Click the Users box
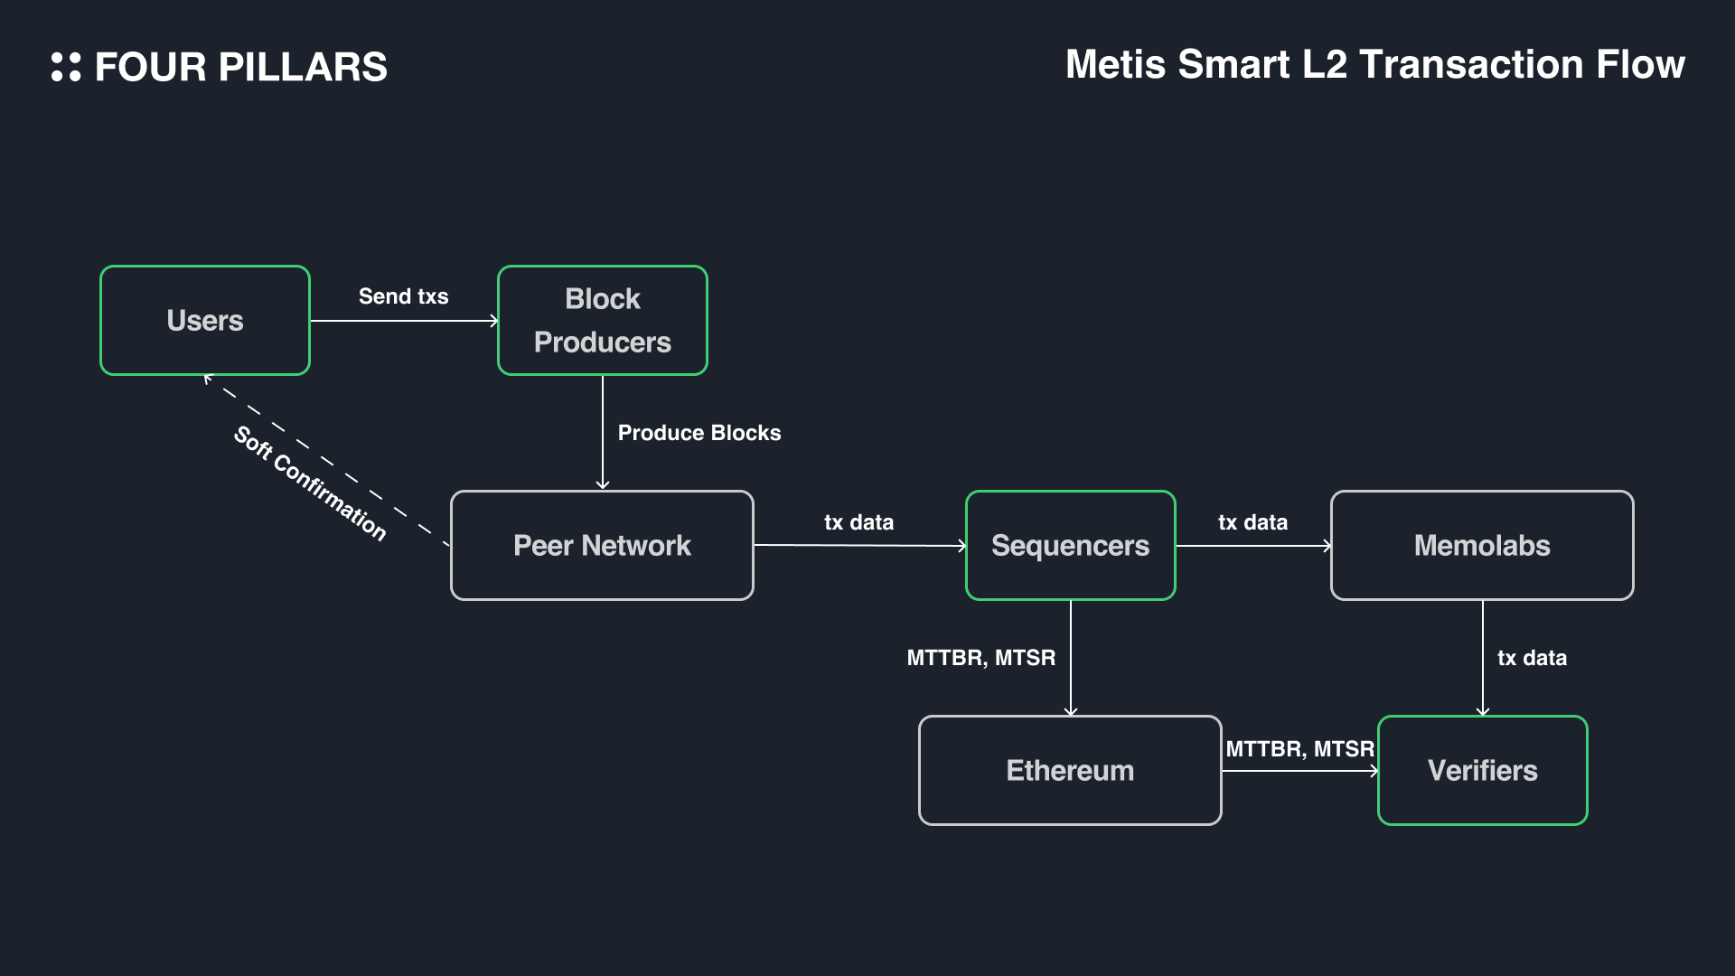pos(205,320)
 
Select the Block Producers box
pos(602,320)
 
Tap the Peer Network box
pos(602,545)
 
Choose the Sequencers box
pos(1070,545)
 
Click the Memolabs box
pos(1482,545)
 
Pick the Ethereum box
pos(1070,770)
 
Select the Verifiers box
pos(1482,770)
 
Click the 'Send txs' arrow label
pos(403,296)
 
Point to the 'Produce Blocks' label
pos(699,433)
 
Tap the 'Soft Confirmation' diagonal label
pos(310,483)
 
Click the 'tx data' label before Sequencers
pos(858,522)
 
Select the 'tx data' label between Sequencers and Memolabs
pos(1252,522)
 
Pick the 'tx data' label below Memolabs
pos(1532,658)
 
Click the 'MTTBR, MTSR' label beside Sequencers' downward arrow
pos(980,658)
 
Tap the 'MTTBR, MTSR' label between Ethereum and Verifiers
pos(1299,749)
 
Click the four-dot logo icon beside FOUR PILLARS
pos(66,67)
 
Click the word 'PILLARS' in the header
pos(303,67)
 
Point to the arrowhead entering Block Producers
pos(494,321)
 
